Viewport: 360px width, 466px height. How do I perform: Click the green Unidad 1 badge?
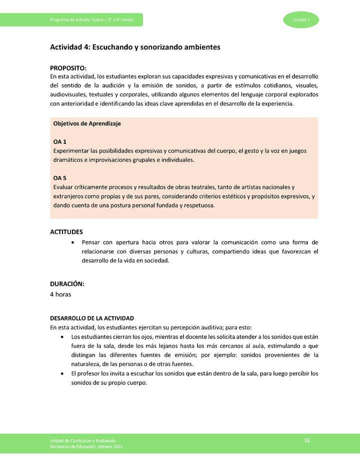pyautogui.click(x=300, y=19)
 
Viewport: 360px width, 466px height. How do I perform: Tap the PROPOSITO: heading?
pyautogui.click(x=68, y=68)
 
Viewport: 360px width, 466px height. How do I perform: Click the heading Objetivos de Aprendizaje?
pyautogui.click(x=87, y=123)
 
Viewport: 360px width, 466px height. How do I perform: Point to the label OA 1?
pyautogui.click(x=59, y=142)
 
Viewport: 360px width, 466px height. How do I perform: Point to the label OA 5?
pyautogui.click(x=59, y=178)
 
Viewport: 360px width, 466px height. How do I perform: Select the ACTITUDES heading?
pyautogui.click(x=66, y=232)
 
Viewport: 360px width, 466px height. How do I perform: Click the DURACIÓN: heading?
pyautogui.click(x=67, y=284)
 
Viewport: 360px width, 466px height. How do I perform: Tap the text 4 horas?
pyautogui.click(x=60, y=294)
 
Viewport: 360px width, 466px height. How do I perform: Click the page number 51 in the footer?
pyautogui.click(x=307, y=440)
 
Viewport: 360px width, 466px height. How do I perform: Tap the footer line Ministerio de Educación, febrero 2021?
pyautogui.click(x=85, y=446)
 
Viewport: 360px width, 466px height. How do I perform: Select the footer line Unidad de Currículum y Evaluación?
pyautogui.click(x=83, y=440)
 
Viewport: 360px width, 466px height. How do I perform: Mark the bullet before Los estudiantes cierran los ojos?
pyautogui.click(x=61, y=337)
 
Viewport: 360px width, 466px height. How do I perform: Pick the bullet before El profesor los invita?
pyautogui.click(x=61, y=373)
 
